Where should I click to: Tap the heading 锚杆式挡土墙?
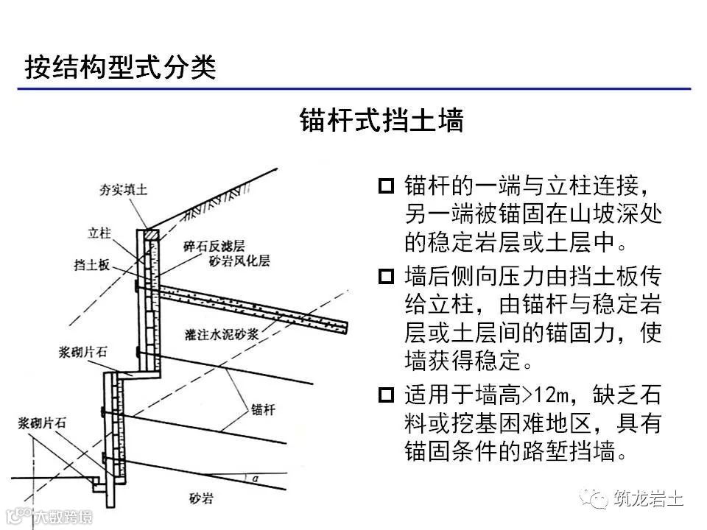(381, 120)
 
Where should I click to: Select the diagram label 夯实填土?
(124, 190)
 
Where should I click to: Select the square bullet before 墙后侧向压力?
(387, 278)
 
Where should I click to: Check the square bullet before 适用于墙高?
(387, 396)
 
